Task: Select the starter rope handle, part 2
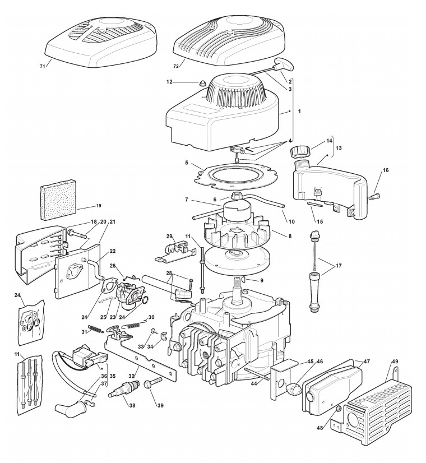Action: tap(281, 65)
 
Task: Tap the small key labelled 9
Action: tap(246, 279)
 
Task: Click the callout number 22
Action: tap(113, 251)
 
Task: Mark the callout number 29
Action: tap(168, 236)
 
